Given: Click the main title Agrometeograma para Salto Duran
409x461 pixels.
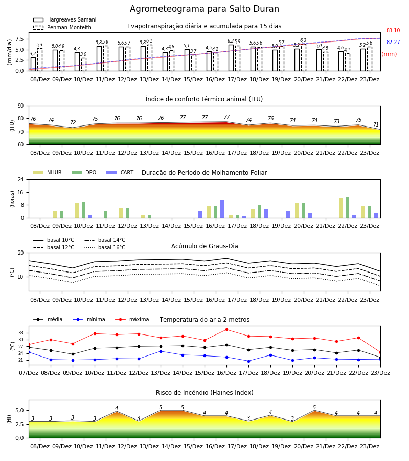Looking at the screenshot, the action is tap(204, 9).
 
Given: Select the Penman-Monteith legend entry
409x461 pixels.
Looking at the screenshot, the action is tap(62, 27).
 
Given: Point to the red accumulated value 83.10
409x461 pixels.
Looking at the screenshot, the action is tap(393, 30).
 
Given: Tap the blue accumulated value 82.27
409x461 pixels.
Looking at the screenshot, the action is tap(393, 42).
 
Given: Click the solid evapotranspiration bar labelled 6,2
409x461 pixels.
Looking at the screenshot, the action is tap(231, 57).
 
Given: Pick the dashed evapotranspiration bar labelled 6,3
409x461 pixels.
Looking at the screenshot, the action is tap(303, 57).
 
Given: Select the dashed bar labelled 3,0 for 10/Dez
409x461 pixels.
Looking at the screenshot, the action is tap(84, 65).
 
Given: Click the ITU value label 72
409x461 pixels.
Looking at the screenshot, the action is tap(73, 122).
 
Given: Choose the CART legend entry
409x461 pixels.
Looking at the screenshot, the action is tap(120, 172).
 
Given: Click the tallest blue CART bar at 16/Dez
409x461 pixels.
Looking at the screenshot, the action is tap(222, 209).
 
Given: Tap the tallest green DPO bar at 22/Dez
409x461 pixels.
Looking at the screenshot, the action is tap(347, 207).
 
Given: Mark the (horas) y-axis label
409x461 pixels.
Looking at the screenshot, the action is tap(12, 199).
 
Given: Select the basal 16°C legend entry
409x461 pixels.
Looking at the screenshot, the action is tap(105, 247).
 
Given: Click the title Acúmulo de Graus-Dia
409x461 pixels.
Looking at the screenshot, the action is tap(204, 246).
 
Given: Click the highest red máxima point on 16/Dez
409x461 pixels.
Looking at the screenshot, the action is tap(227, 329).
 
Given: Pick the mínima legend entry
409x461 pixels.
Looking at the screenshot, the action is tap(89, 319).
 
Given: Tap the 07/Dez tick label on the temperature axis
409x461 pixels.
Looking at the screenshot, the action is tap(29, 373).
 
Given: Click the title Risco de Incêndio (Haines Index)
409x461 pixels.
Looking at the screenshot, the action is tap(204, 393).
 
